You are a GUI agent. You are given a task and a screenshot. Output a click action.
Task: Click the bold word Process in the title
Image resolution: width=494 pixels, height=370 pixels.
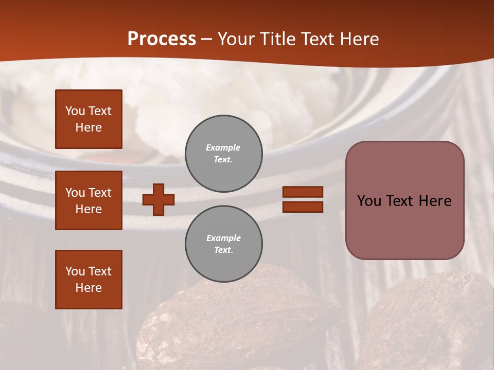coord(162,39)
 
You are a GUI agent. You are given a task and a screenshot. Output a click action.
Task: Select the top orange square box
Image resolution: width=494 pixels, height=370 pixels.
coord(89,119)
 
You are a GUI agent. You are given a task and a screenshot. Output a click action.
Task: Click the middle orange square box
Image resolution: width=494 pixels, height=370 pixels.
coord(89,200)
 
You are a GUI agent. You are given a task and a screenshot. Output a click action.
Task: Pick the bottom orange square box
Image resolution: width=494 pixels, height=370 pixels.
coord(89,280)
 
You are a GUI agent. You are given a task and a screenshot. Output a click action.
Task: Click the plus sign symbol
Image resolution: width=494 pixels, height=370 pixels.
coord(158,199)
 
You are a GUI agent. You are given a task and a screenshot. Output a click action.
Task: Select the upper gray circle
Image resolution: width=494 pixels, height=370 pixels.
coord(223,154)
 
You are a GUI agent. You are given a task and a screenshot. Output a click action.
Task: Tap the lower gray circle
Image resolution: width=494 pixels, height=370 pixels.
coord(223,244)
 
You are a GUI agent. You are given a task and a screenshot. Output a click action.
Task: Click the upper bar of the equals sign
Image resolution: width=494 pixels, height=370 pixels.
coord(303,192)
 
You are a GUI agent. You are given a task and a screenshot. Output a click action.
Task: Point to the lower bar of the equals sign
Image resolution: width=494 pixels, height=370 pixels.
coord(303,207)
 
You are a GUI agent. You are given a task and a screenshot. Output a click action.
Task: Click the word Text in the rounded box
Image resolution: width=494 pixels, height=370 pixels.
coord(401,201)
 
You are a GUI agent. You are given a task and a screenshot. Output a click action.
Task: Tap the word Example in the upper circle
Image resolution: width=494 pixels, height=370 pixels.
coord(223,147)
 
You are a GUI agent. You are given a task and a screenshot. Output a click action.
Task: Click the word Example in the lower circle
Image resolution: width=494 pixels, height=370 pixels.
coord(223,238)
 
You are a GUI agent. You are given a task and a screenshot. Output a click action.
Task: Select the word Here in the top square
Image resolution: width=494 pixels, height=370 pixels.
coord(89,127)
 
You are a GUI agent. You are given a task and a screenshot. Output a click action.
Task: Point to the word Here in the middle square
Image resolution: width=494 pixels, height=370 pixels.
coord(89,209)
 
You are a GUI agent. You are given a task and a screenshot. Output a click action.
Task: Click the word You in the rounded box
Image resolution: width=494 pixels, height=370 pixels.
coord(369,201)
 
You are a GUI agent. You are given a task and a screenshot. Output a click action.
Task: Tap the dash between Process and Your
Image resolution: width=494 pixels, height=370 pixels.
coord(207,40)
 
